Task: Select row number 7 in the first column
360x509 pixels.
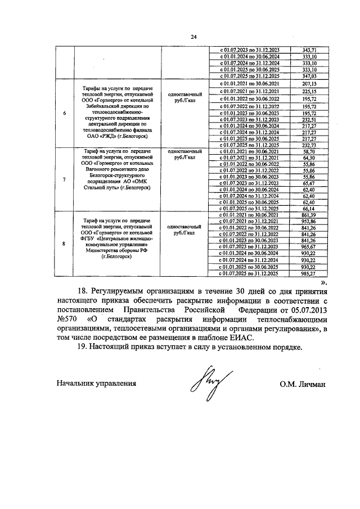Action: point(64,179)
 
